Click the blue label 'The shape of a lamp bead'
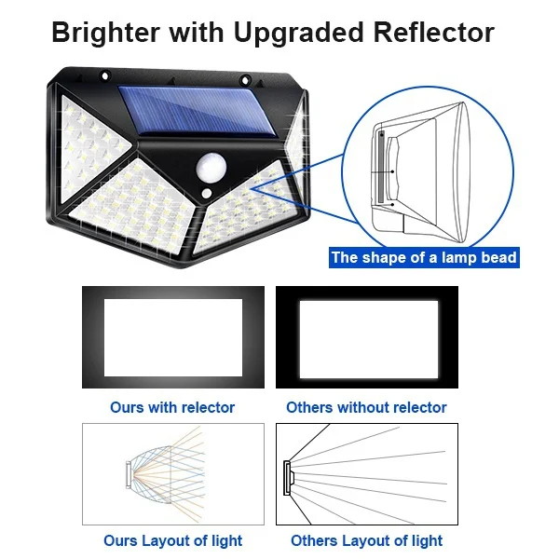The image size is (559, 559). click(x=424, y=257)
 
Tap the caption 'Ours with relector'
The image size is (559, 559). click(x=172, y=407)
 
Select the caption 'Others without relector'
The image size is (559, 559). click(x=366, y=407)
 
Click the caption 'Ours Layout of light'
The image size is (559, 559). click(x=172, y=540)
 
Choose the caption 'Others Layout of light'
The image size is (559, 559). click(x=366, y=540)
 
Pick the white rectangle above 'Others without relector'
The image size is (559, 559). click(x=366, y=336)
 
